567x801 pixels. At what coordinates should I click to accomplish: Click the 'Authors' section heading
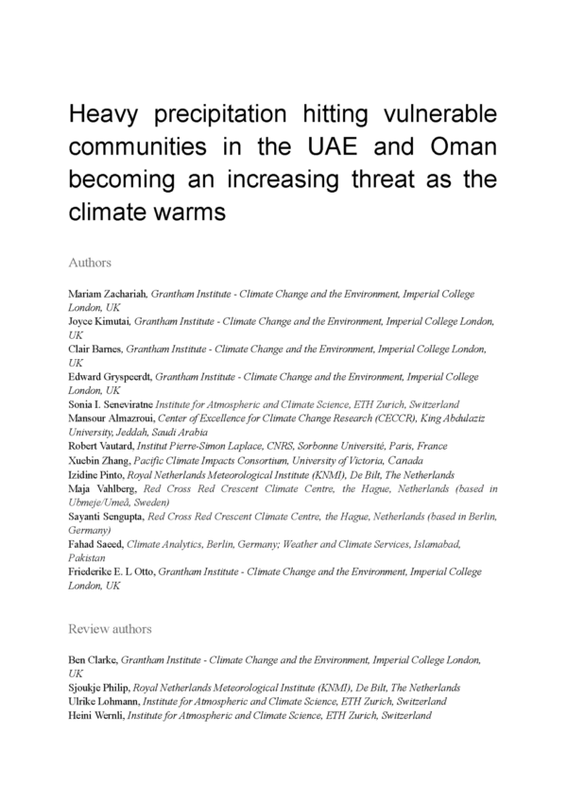(91, 262)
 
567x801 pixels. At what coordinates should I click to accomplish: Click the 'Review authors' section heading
(110, 628)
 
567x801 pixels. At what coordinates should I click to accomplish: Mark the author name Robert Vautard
(101, 446)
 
